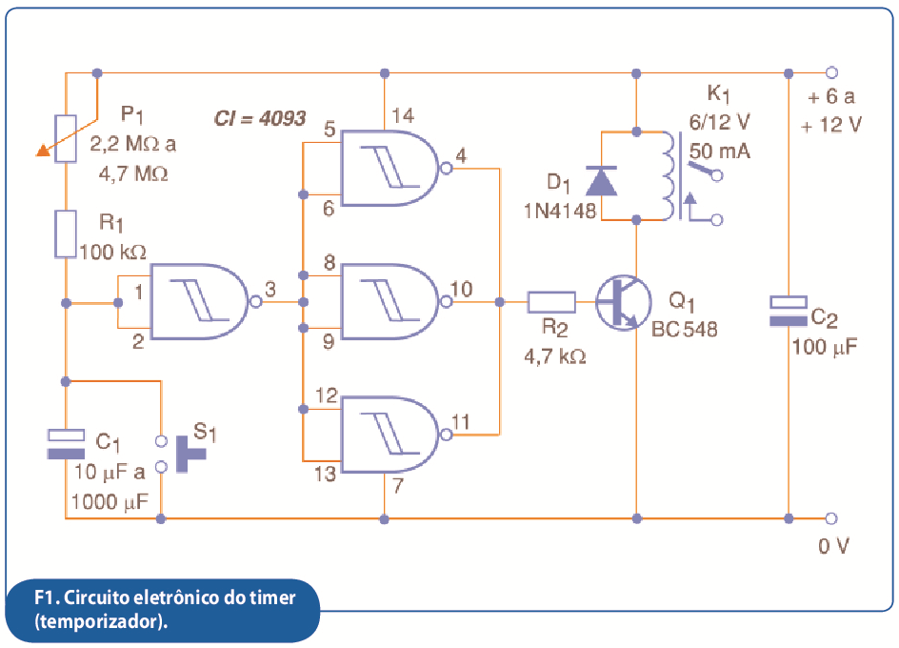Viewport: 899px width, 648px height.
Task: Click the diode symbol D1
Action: pos(601,181)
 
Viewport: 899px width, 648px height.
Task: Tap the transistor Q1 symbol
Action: pos(623,302)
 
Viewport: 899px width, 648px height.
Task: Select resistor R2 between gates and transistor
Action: pos(551,302)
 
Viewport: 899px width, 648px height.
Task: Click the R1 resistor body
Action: pos(66,234)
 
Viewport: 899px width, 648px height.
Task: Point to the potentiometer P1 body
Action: pos(66,139)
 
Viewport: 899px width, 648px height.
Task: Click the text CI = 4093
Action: pos(260,118)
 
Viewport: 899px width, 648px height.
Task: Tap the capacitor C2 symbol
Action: pos(789,312)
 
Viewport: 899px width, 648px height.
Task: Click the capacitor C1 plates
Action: pos(66,444)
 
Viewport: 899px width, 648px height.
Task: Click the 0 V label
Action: pos(833,546)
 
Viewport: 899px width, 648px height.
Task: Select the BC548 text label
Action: pos(685,329)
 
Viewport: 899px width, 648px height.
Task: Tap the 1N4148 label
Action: pos(560,212)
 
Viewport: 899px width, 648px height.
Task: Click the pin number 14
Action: pos(403,116)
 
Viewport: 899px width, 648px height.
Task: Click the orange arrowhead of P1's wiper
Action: pos(43,151)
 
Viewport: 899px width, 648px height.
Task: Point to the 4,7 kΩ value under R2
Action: pos(555,357)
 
